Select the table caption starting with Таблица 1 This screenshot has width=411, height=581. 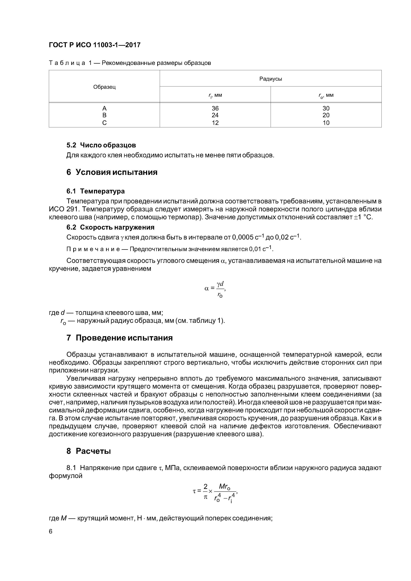click(130, 63)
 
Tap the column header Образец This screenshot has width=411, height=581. click(104, 87)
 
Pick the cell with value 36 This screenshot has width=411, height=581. click(215, 108)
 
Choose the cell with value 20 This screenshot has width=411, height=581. click(326, 115)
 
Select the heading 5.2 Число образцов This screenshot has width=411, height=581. click(101, 145)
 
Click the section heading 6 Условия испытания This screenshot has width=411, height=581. click(112, 172)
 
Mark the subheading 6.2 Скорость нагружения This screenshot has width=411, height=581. click(110, 227)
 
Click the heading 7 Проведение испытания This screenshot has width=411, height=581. click(119, 338)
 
